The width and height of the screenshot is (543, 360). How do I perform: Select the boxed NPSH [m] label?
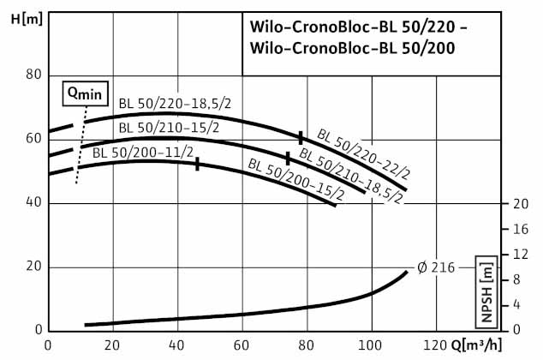(x=487, y=291)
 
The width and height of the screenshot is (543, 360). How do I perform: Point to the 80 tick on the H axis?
(x=34, y=75)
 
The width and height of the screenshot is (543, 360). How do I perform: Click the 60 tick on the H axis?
(x=34, y=139)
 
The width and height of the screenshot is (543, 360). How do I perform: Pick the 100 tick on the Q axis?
(x=371, y=345)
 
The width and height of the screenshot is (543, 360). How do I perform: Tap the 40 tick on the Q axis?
(x=177, y=345)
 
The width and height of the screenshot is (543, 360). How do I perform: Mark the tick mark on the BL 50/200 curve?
(x=198, y=164)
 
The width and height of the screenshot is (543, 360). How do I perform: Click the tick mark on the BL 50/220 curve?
(x=301, y=137)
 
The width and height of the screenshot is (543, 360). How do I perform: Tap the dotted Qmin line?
(x=81, y=146)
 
